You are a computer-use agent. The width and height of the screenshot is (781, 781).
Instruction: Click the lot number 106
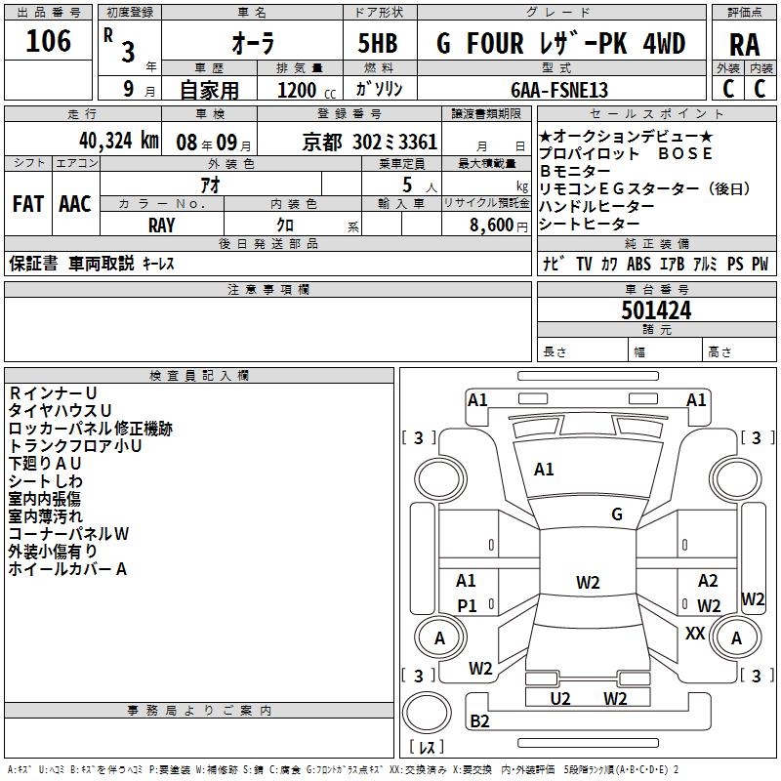tap(49, 41)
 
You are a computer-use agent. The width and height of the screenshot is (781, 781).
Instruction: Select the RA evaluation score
tap(744, 44)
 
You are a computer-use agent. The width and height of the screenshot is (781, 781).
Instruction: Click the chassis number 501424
tap(656, 310)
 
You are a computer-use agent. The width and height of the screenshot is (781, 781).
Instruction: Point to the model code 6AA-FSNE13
tap(560, 90)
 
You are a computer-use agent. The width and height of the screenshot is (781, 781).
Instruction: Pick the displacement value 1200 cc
tap(305, 90)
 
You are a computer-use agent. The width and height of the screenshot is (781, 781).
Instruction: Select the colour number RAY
tap(162, 225)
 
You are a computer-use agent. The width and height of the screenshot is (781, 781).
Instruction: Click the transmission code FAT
tap(27, 204)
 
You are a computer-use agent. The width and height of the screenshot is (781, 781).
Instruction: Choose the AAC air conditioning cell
tap(75, 204)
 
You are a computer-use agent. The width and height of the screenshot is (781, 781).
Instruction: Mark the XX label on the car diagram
tap(695, 634)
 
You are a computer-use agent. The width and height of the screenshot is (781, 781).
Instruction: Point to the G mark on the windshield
tap(617, 514)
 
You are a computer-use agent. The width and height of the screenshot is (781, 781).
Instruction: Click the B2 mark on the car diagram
tap(479, 721)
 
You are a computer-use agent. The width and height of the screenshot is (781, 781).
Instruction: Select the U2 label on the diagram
tap(560, 698)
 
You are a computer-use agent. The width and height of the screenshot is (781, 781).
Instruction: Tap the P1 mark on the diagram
tap(467, 605)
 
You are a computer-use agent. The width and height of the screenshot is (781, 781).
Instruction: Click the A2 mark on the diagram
tap(708, 581)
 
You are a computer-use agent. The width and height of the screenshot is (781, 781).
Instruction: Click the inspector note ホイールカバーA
tap(68, 569)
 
